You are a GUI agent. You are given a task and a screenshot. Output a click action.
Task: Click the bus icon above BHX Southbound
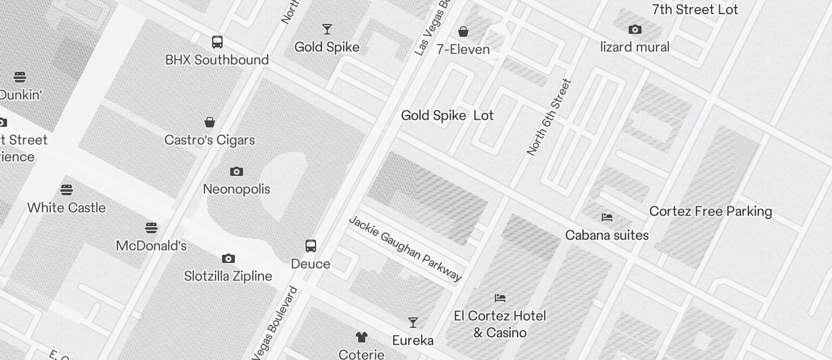click(217, 42)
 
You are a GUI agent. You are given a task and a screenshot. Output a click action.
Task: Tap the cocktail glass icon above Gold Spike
click(327, 29)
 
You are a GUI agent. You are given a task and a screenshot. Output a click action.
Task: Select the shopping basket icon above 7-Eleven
click(463, 31)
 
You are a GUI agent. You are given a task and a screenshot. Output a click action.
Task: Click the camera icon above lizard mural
click(635, 29)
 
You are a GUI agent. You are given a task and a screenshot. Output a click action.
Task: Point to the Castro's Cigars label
click(210, 140)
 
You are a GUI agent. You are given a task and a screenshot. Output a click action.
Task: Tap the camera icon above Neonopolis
click(237, 171)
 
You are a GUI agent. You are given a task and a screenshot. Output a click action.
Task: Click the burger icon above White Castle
click(67, 190)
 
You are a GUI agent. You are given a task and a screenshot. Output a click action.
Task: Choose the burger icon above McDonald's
click(151, 227)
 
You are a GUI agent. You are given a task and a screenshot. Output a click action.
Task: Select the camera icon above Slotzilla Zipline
click(228, 258)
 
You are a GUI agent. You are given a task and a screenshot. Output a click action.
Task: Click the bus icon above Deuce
click(311, 246)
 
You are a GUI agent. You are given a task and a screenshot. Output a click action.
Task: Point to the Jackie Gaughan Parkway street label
click(405, 248)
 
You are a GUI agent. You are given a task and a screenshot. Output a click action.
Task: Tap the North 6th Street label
click(549, 117)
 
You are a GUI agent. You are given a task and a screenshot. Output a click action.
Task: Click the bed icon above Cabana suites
click(607, 217)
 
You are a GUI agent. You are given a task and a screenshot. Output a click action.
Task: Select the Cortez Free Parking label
click(710, 212)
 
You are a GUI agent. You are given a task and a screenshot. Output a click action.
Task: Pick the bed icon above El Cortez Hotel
click(500, 298)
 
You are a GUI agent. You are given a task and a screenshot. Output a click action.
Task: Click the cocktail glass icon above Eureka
click(413, 323)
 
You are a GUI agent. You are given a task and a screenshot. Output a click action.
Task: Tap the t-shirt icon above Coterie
click(362, 337)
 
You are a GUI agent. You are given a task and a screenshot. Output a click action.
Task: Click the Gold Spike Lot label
click(447, 116)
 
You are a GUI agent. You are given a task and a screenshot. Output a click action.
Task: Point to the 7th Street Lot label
click(695, 9)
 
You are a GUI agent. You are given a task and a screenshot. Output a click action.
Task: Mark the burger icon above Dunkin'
click(20, 77)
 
